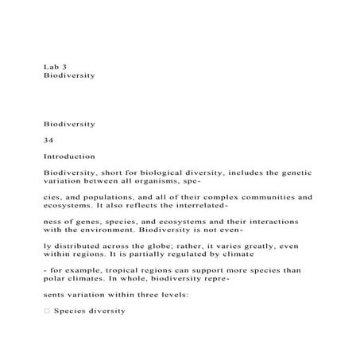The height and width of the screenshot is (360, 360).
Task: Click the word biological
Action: tap(161, 172)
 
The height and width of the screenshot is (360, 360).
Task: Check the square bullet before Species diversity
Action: tap(46, 311)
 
